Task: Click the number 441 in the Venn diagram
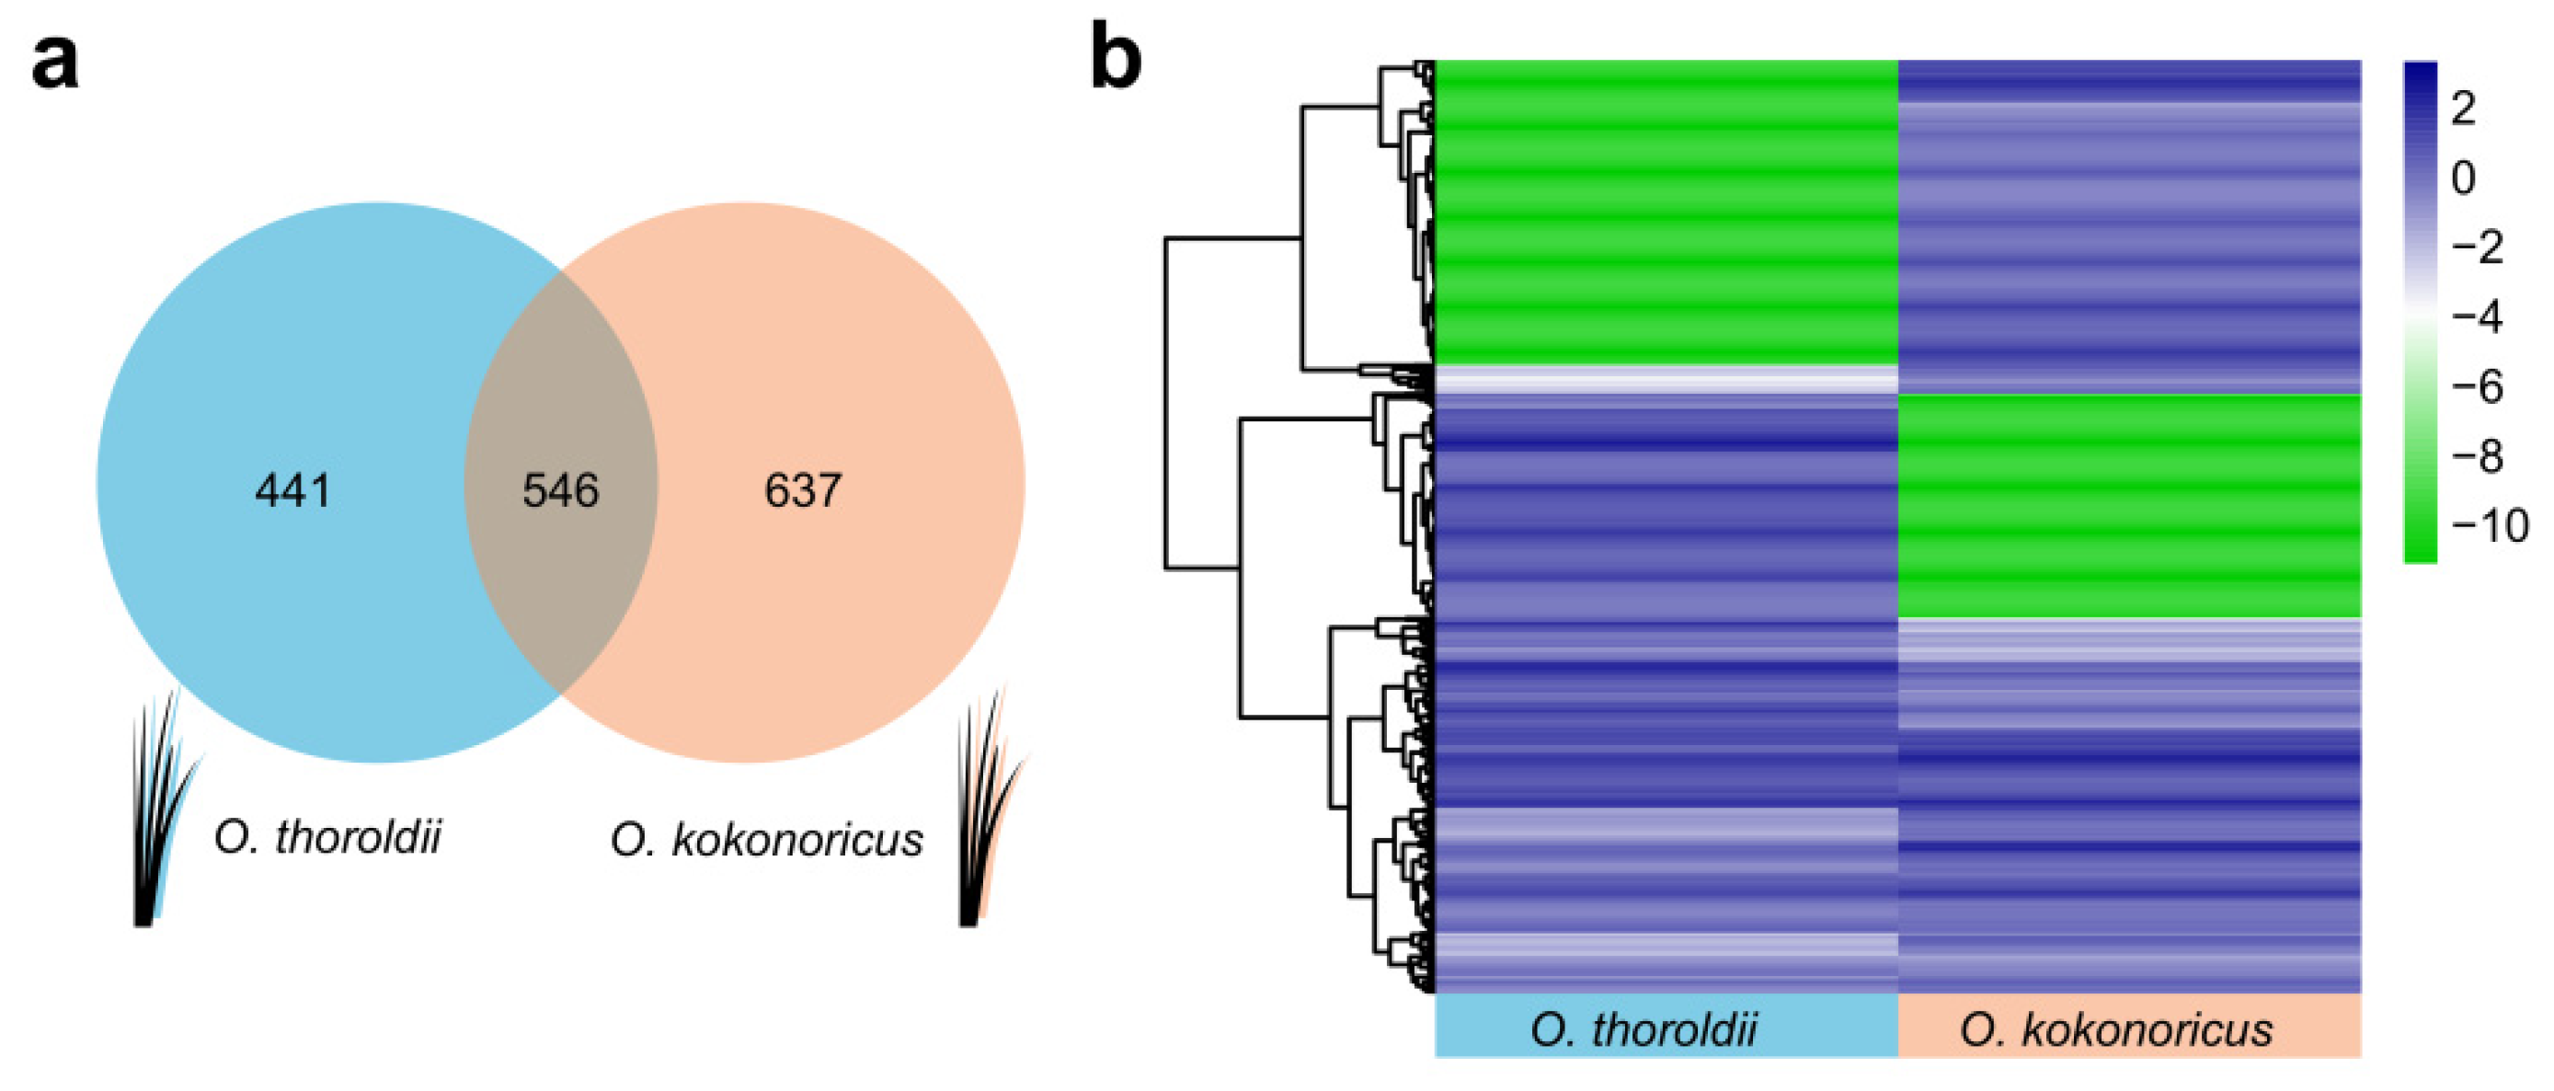click(292, 490)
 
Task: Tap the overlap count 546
click(561, 490)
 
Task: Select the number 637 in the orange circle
click(803, 490)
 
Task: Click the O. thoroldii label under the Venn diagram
click(327, 837)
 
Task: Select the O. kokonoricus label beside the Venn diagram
click(766, 840)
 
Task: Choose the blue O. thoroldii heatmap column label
click(1666, 1028)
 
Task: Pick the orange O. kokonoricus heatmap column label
click(2129, 1028)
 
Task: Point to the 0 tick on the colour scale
click(2463, 178)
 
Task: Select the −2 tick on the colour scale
click(2477, 247)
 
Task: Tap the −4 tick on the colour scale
click(2477, 317)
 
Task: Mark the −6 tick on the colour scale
click(2477, 386)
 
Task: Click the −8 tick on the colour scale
click(2477, 456)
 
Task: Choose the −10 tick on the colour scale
click(2489, 525)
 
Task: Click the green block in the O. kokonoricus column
click(2129, 506)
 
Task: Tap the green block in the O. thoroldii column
click(1666, 212)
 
